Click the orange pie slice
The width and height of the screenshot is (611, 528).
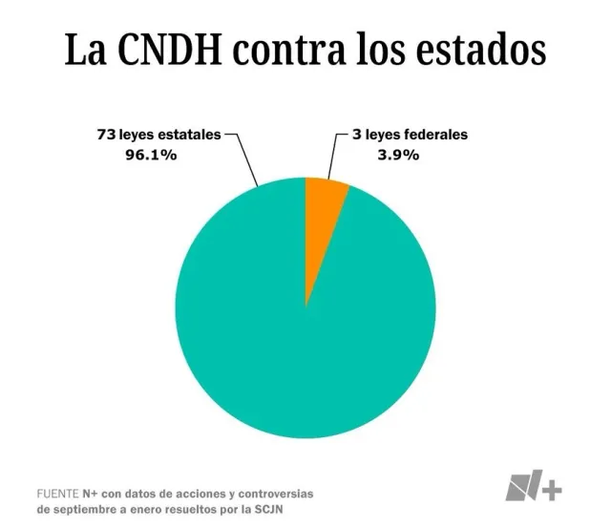323,215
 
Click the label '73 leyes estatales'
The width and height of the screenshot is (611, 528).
158,136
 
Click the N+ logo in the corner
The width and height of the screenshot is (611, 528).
534,486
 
